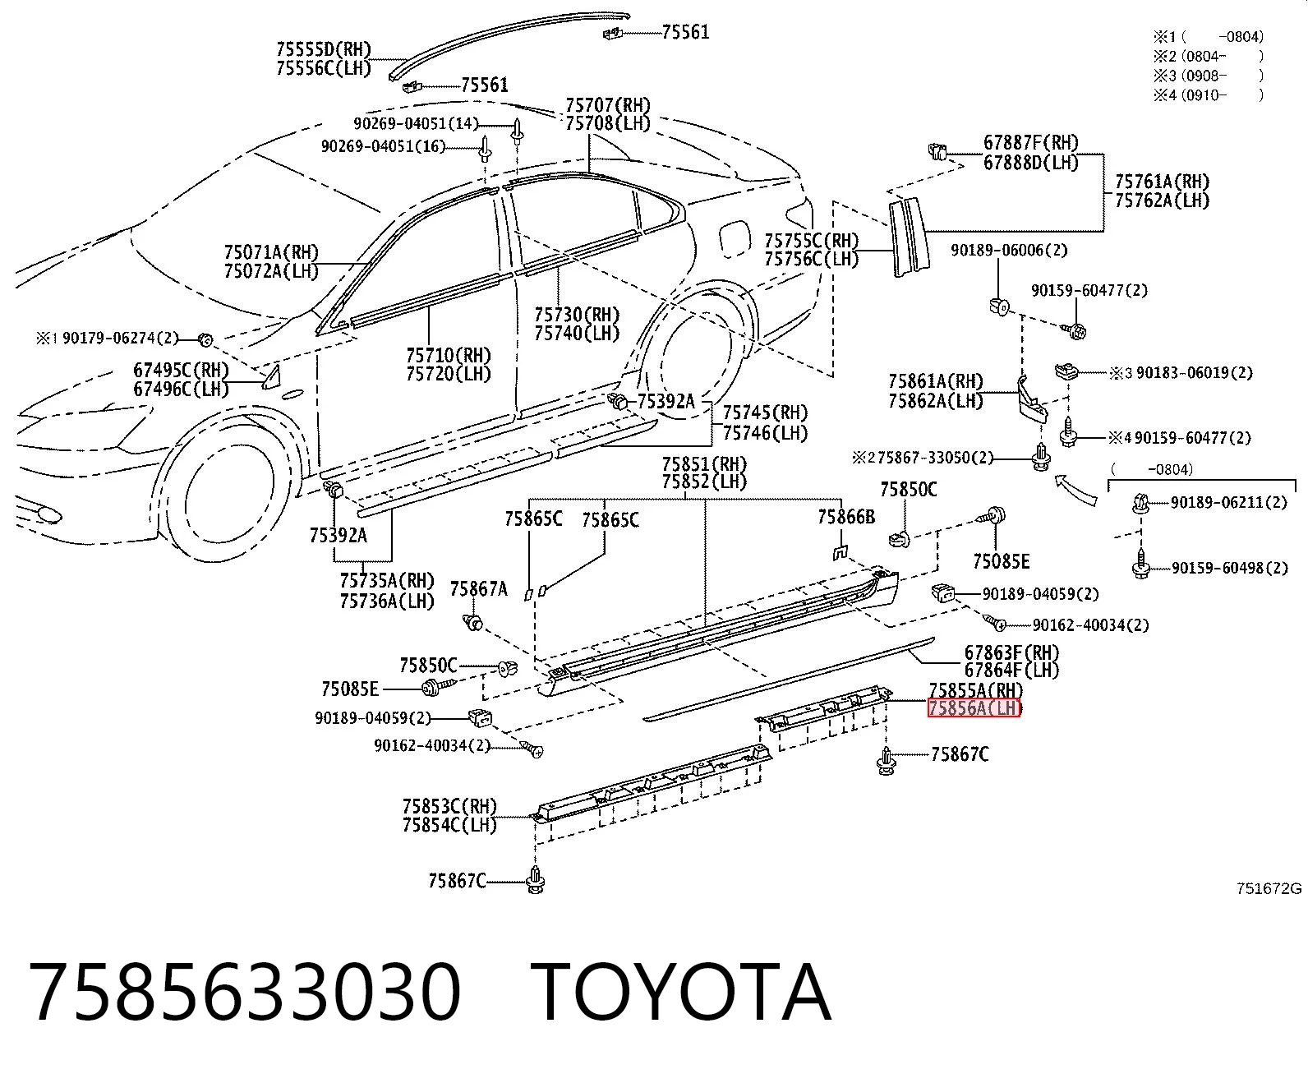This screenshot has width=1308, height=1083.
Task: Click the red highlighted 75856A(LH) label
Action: [x=974, y=708]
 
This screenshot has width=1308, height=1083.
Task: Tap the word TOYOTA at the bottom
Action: [x=681, y=993]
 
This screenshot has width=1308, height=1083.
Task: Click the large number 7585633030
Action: [x=245, y=993]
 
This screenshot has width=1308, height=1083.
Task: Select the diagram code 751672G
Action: [x=1269, y=889]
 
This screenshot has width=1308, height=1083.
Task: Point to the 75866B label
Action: [x=845, y=517]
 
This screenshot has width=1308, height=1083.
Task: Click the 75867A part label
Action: [x=479, y=589]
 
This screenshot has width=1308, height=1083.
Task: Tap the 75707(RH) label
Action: [x=608, y=104]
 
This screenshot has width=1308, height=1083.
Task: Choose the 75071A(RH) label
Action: [x=272, y=252]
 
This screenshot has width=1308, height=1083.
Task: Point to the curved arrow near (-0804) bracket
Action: [x=1075, y=491]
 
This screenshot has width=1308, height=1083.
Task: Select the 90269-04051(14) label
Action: [x=416, y=123]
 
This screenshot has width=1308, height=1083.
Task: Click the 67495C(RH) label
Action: [x=181, y=370]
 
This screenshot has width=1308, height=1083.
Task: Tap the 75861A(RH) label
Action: [x=936, y=381]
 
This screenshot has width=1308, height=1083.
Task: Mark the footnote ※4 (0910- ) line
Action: [x=1209, y=95]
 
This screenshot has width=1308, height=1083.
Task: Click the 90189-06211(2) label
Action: [x=1228, y=502]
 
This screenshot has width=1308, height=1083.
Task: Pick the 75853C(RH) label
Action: [x=449, y=805]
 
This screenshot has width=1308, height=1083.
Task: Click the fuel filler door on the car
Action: [x=735, y=237]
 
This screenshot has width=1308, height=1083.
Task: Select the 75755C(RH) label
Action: [x=811, y=241]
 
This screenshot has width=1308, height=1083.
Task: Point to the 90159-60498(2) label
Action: [x=1230, y=568]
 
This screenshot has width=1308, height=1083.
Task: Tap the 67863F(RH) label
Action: [x=1011, y=652]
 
